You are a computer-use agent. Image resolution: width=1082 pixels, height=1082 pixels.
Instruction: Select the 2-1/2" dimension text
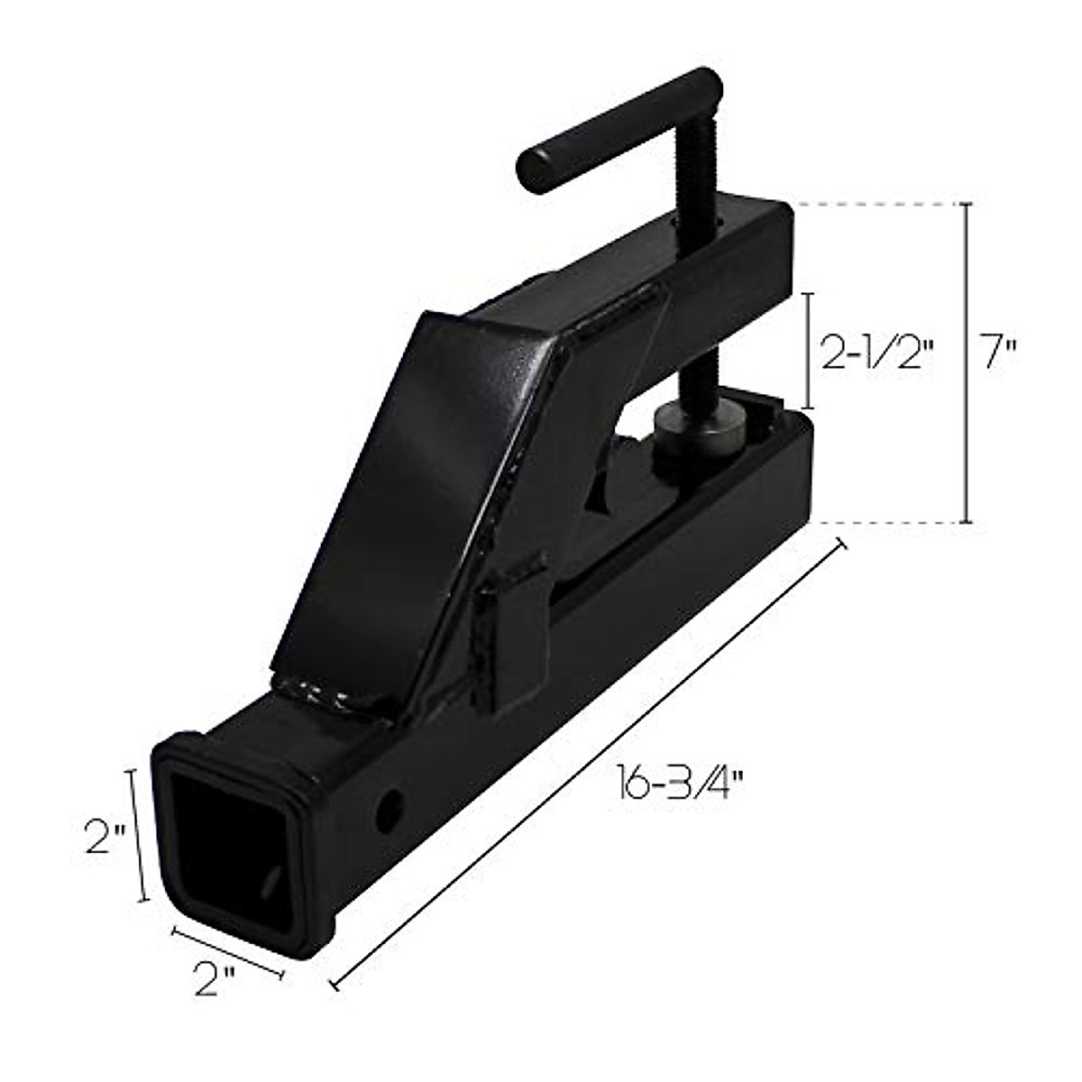[x=872, y=353]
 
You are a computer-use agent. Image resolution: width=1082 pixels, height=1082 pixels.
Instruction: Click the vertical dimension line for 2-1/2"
[x=808, y=350]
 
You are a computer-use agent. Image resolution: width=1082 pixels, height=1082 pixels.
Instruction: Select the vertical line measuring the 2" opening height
[x=138, y=834]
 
